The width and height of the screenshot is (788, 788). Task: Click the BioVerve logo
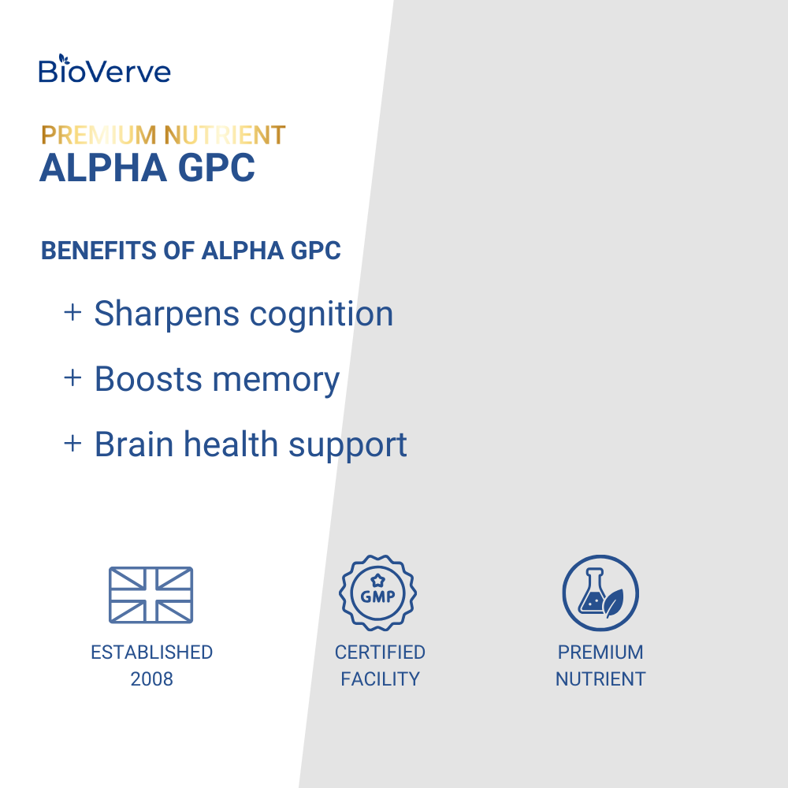pyautogui.click(x=105, y=69)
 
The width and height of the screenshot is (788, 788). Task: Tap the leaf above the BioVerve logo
pyautogui.click(x=61, y=59)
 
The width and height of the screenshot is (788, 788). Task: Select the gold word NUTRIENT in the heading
pyautogui.click(x=225, y=136)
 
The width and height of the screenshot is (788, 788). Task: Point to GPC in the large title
pyautogui.click(x=217, y=168)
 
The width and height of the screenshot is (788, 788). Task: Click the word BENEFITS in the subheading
pyautogui.click(x=98, y=251)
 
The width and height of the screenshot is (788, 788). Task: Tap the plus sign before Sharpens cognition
pyautogui.click(x=72, y=312)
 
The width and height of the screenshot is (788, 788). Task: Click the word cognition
pyautogui.click(x=322, y=315)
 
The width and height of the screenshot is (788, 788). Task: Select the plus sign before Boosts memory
pyautogui.click(x=72, y=377)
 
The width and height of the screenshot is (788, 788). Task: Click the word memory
pyautogui.click(x=276, y=381)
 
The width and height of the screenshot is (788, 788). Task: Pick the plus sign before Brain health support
pyautogui.click(x=72, y=443)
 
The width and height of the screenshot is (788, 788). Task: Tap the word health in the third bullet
pyautogui.click(x=231, y=444)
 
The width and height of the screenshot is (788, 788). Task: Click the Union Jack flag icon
pyautogui.click(x=151, y=595)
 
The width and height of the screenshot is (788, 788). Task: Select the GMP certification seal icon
pyautogui.click(x=377, y=593)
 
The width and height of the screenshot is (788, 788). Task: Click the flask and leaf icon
pyautogui.click(x=600, y=593)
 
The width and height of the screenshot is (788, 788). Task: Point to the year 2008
pyautogui.click(x=152, y=679)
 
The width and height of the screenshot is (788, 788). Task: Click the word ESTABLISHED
pyautogui.click(x=152, y=652)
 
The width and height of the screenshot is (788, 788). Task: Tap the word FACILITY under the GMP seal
pyautogui.click(x=380, y=679)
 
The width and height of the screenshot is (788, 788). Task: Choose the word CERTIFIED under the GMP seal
pyautogui.click(x=380, y=652)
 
